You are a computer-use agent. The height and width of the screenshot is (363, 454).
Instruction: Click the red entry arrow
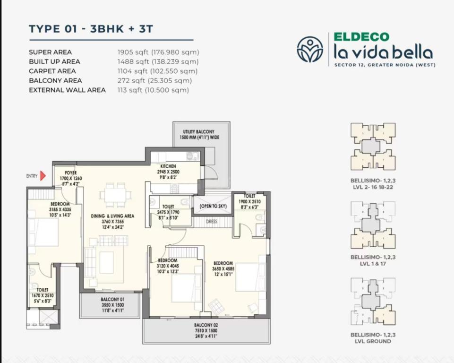point(43,176)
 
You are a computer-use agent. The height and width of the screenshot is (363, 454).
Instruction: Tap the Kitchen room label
point(168,166)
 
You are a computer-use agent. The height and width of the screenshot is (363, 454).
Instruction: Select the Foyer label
point(71,173)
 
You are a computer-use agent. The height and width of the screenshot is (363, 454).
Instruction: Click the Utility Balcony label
point(198,132)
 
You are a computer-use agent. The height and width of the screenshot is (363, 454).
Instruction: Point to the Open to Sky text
point(213,206)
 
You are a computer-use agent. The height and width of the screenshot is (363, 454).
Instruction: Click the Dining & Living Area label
point(112,216)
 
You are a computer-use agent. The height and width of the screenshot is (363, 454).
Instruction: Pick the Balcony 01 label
point(112,299)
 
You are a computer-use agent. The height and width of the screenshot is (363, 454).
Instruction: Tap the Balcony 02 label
point(206,325)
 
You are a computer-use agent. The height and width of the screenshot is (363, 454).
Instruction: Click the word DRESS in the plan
point(212,222)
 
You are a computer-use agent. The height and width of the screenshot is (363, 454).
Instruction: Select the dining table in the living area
point(116,195)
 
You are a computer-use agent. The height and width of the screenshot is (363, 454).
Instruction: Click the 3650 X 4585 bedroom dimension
point(223,269)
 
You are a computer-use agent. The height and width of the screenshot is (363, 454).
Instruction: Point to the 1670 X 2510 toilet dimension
point(43,295)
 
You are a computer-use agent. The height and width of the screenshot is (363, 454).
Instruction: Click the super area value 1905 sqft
point(133,52)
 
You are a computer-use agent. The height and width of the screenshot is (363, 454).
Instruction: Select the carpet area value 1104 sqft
point(133,71)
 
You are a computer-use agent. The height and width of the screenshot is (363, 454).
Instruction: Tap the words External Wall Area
point(67,90)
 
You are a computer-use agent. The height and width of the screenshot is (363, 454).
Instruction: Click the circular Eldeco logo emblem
point(310,49)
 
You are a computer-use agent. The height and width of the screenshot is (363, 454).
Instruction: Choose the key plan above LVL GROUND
point(373,302)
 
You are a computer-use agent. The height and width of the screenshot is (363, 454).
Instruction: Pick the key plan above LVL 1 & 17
point(373,225)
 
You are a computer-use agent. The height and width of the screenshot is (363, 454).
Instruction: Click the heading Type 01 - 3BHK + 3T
point(91,29)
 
